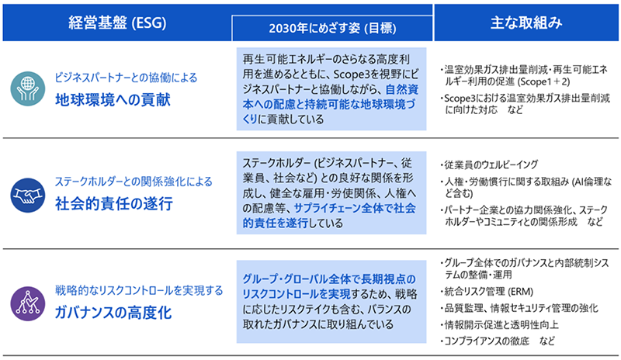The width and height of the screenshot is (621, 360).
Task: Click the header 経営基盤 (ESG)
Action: tap(117, 23)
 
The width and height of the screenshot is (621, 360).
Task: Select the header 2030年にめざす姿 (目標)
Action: tap(332, 29)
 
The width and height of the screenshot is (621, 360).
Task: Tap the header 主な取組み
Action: tap(526, 22)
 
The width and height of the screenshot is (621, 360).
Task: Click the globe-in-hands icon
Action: tap(28, 88)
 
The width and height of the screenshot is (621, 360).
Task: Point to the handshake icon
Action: tap(28, 196)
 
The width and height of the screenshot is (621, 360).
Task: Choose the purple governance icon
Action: tap(28, 304)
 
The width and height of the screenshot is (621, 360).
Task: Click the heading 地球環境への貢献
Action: tap(113, 100)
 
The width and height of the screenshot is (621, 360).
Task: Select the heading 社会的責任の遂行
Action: tap(114, 204)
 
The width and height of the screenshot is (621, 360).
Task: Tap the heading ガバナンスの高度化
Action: tap(113, 313)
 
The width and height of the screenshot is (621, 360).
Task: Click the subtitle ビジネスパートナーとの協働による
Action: tap(126, 78)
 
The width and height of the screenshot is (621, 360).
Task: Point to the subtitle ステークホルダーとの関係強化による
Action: tap(134, 182)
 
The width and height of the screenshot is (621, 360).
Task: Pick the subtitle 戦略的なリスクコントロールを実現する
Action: tap(139, 291)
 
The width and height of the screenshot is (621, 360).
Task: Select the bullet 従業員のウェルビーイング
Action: tap(489, 164)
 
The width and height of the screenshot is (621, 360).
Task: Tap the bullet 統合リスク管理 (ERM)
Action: tap(487, 292)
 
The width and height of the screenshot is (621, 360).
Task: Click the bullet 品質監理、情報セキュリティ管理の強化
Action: tap(519, 308)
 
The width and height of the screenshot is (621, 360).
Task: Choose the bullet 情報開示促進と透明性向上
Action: tap(499, 325)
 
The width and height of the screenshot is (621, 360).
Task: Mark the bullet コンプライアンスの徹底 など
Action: tap(498, 341)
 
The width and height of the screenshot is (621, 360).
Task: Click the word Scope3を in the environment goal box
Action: tap(357, 74)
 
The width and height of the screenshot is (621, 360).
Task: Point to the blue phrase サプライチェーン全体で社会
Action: tap(356, 208)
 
